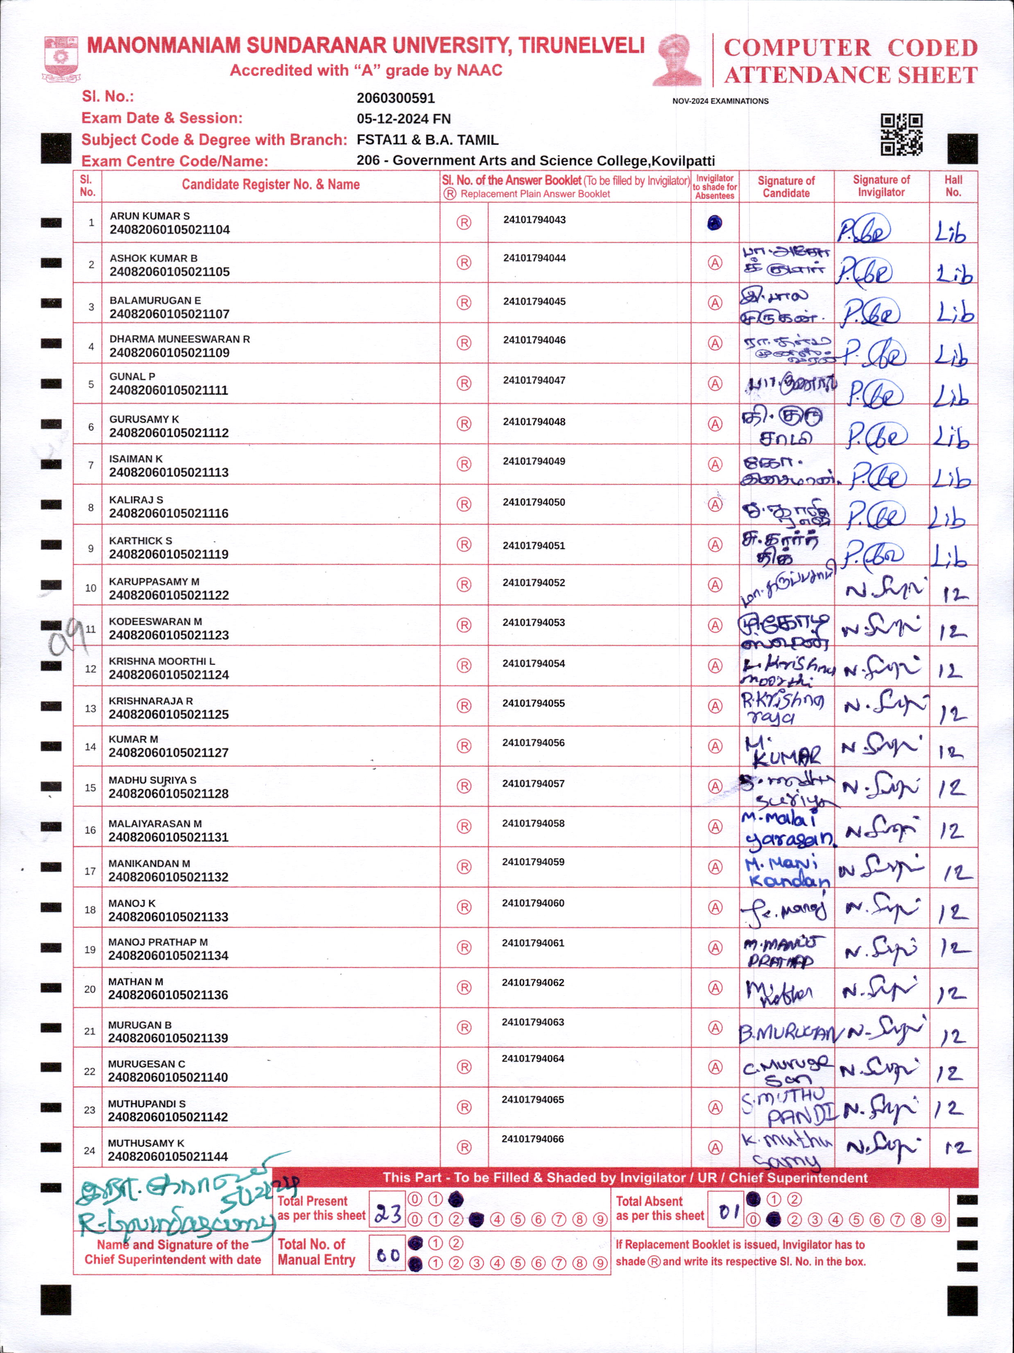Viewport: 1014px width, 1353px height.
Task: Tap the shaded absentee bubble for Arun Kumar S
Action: (714, 223)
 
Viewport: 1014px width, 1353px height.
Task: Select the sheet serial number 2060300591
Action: (396, 98)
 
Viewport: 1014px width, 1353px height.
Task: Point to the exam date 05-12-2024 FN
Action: (404, 119)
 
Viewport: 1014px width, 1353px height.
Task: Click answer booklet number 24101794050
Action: (534, 502)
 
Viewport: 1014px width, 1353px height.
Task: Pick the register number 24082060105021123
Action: (169, 635)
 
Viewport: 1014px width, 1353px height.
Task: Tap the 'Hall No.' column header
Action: (953, 186)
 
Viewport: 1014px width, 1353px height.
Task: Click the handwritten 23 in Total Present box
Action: (388, 1213)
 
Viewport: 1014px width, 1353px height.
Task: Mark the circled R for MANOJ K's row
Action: (464, 907)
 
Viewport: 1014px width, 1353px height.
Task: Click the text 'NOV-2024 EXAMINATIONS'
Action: (720, 101)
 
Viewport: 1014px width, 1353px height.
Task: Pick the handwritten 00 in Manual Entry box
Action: (388, 1255)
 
